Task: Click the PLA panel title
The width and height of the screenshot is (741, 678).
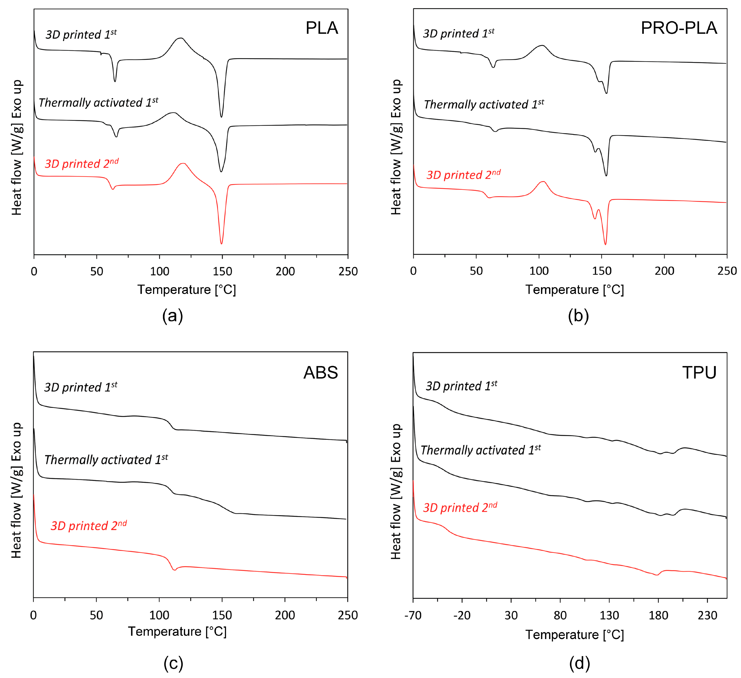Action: pos(322,28)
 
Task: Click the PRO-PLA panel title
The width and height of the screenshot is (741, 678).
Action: pos(678,28)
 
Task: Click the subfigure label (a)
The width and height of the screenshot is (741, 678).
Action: pos(172,316)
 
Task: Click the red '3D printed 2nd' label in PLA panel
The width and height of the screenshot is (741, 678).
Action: pos(82,163)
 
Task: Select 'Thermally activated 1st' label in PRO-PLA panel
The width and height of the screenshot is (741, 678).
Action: pos(484,105)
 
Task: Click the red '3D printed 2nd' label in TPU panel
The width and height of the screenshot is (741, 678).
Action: pos(460,507)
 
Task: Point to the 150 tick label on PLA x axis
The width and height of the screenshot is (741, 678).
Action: pos(222,271)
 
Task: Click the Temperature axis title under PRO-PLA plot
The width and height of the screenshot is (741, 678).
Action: pos(574,290)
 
